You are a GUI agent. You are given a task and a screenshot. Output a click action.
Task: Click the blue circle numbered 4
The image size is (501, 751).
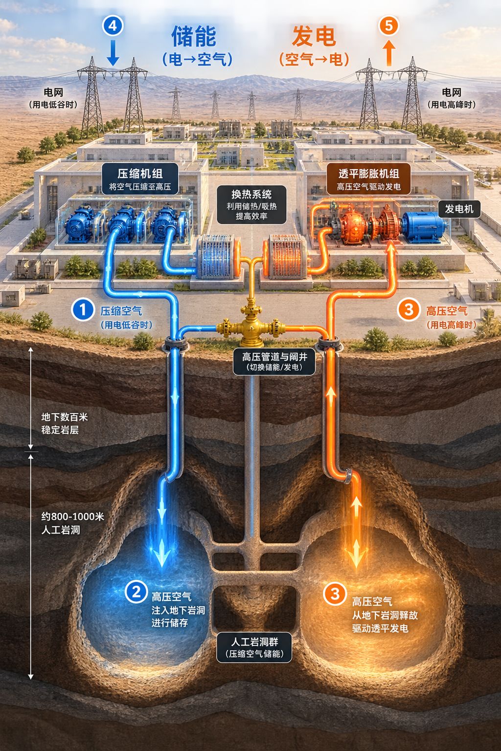(x=113, y=26)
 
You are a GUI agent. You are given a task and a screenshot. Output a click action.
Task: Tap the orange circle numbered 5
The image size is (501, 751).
(x=388, y=25)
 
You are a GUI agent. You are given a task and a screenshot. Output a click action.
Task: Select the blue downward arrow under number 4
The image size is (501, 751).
(x=113, y=53)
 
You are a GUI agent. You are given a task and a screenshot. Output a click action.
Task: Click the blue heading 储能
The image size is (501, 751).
(x=194, y=36)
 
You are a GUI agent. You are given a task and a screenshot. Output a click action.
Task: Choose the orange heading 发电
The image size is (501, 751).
(x=314, y=36)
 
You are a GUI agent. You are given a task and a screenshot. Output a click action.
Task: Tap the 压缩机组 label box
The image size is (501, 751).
(x=140, y=178)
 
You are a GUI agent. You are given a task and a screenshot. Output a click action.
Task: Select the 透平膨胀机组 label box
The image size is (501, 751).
(x=368, y=178)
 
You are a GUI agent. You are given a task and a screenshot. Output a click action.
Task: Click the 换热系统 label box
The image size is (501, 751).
(x=251, y=204)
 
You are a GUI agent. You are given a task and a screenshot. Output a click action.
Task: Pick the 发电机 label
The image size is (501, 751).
(x=459, y=209)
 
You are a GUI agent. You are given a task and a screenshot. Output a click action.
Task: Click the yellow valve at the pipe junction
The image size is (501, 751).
(x=250, y=325)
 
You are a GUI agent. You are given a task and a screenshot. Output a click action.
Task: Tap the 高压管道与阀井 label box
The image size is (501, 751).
(x=274, y=361)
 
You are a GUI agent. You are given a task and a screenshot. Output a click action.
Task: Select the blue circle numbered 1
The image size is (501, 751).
(x=83, y=309)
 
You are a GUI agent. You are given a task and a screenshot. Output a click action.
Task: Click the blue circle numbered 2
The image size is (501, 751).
(x=136, y=592)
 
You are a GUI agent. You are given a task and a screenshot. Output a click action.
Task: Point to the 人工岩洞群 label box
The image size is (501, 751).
(x=254, y=647)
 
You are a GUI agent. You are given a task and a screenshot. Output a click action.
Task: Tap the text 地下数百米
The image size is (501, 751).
(x=65, y=417)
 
